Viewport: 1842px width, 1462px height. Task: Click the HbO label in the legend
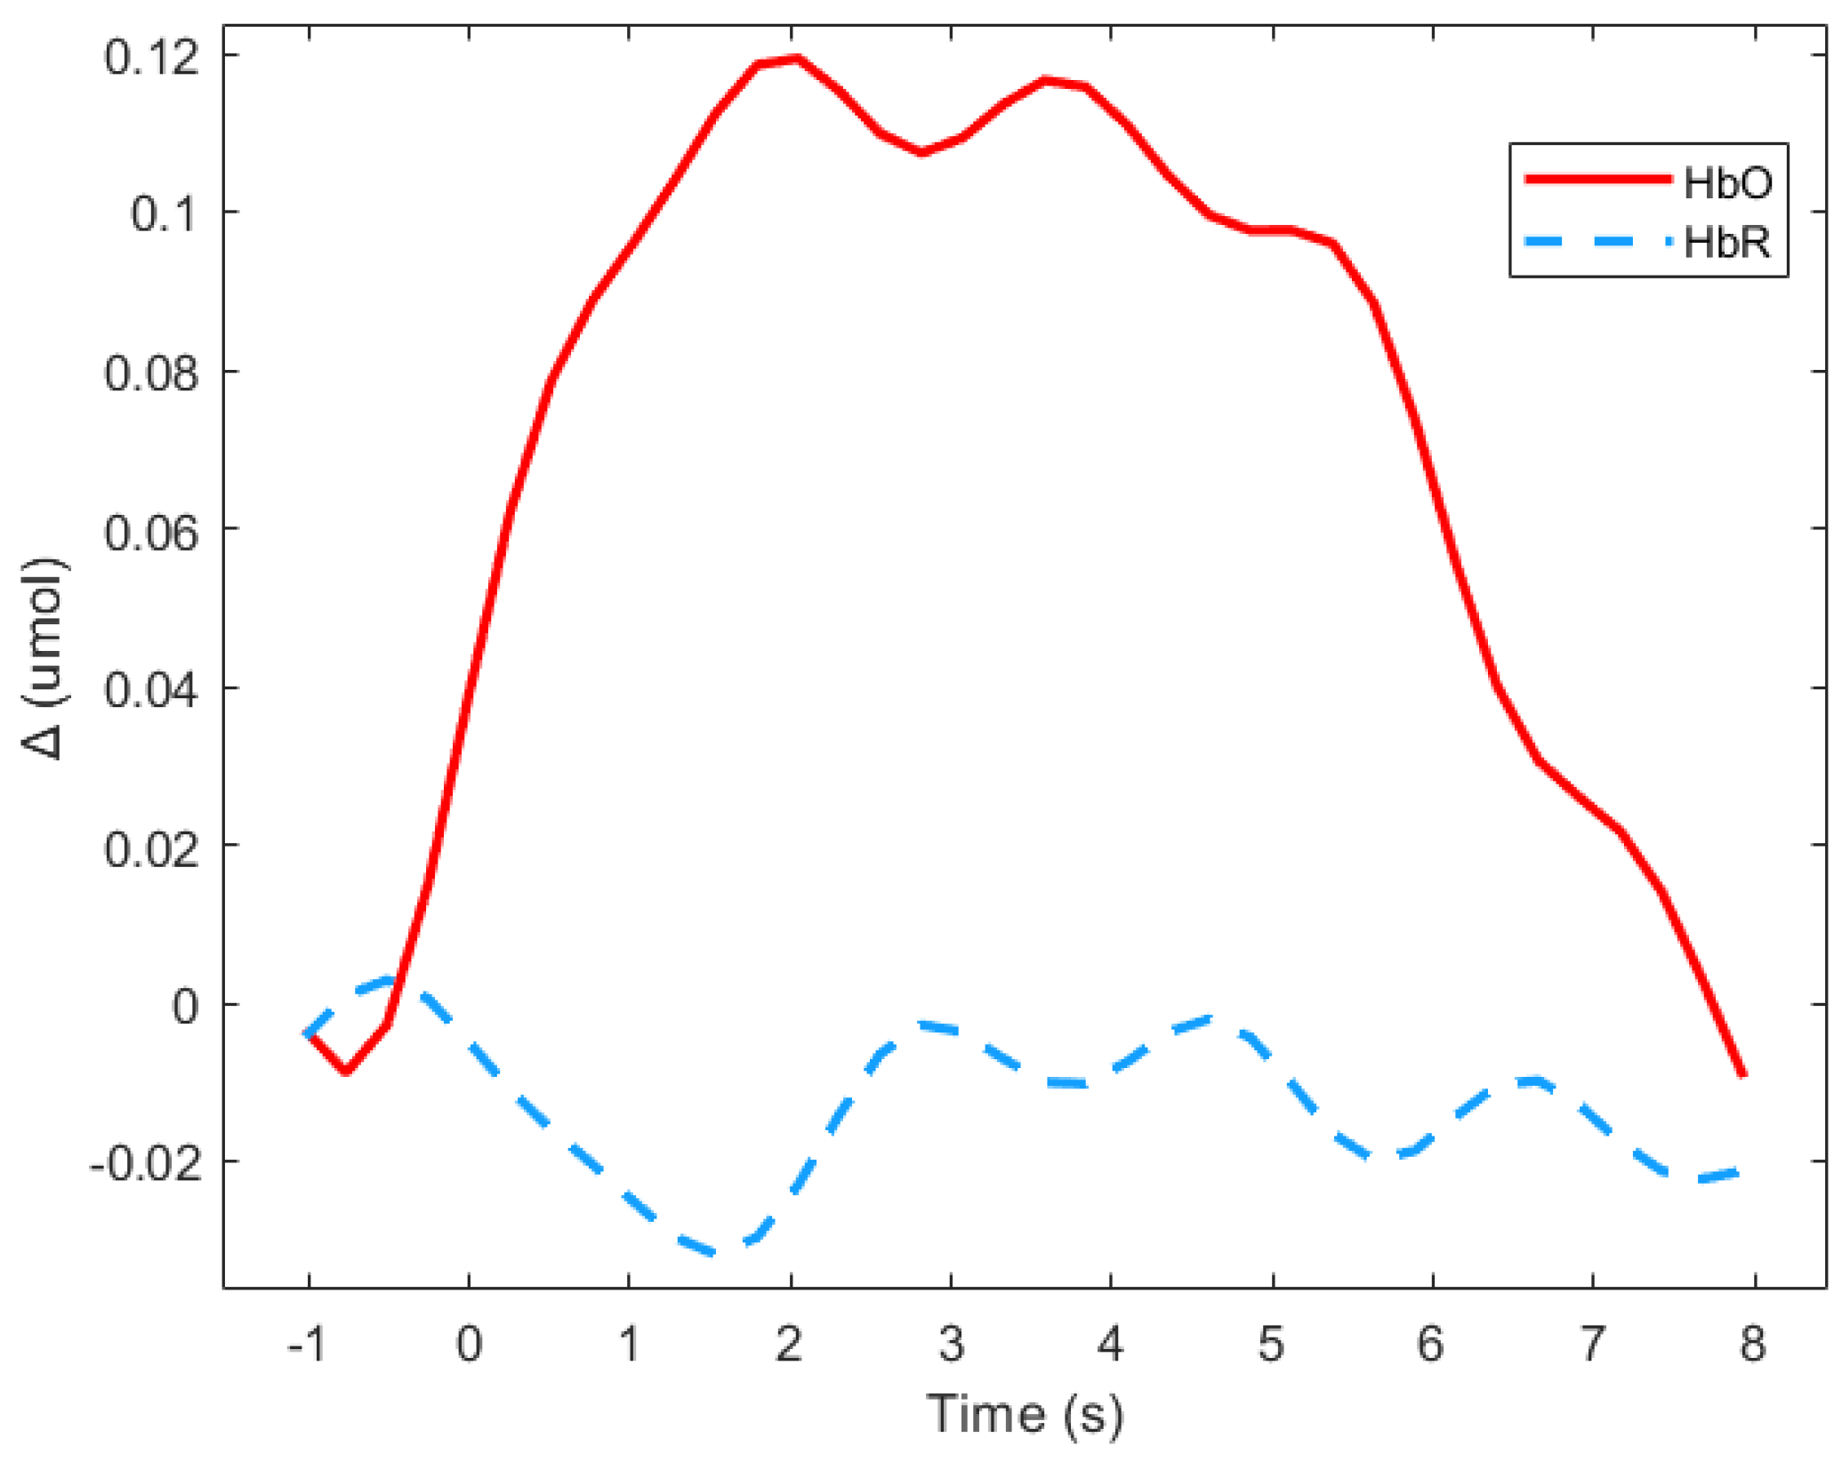click(1726, 182)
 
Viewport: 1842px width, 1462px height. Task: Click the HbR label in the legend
click(1726, 242)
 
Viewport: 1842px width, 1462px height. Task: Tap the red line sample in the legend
click(1598, 180)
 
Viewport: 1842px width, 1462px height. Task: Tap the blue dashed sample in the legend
click(1598, 241)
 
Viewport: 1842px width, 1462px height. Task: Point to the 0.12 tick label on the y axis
click(151, 57)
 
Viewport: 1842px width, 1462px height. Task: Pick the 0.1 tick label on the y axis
click(164, 214)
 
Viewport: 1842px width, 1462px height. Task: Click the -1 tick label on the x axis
click(306, 1344)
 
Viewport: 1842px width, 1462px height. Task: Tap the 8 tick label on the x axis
click(1752, 1344)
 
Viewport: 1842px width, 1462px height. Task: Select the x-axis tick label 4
click(1110, 1344)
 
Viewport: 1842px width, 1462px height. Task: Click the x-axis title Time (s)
click(1025, 1414)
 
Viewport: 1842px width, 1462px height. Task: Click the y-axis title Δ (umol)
click(44, 659)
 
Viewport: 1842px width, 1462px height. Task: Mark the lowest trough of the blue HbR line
click(714, 1252)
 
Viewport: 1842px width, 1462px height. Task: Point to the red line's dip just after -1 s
click(346, 1071)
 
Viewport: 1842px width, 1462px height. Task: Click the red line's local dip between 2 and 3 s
click(922, 153)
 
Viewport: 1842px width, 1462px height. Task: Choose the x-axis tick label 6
click(1430, 1344)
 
